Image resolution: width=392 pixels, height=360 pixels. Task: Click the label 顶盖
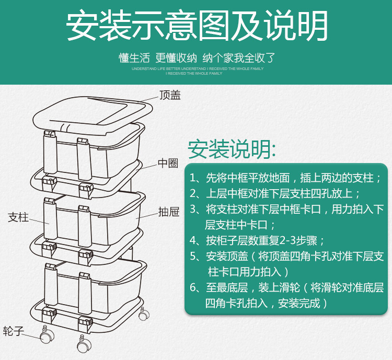click(170, 95)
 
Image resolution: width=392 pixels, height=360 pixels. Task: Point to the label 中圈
click(168, 164)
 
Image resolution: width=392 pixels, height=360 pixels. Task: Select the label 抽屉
click(169, 212)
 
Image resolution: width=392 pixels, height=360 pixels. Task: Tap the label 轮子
click(14, 331)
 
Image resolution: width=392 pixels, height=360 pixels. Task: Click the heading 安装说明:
click(232, 149)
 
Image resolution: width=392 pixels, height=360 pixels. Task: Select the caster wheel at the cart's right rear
click(143, 315)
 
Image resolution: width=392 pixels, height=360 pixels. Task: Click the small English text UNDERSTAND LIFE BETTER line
click(197, 68)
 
